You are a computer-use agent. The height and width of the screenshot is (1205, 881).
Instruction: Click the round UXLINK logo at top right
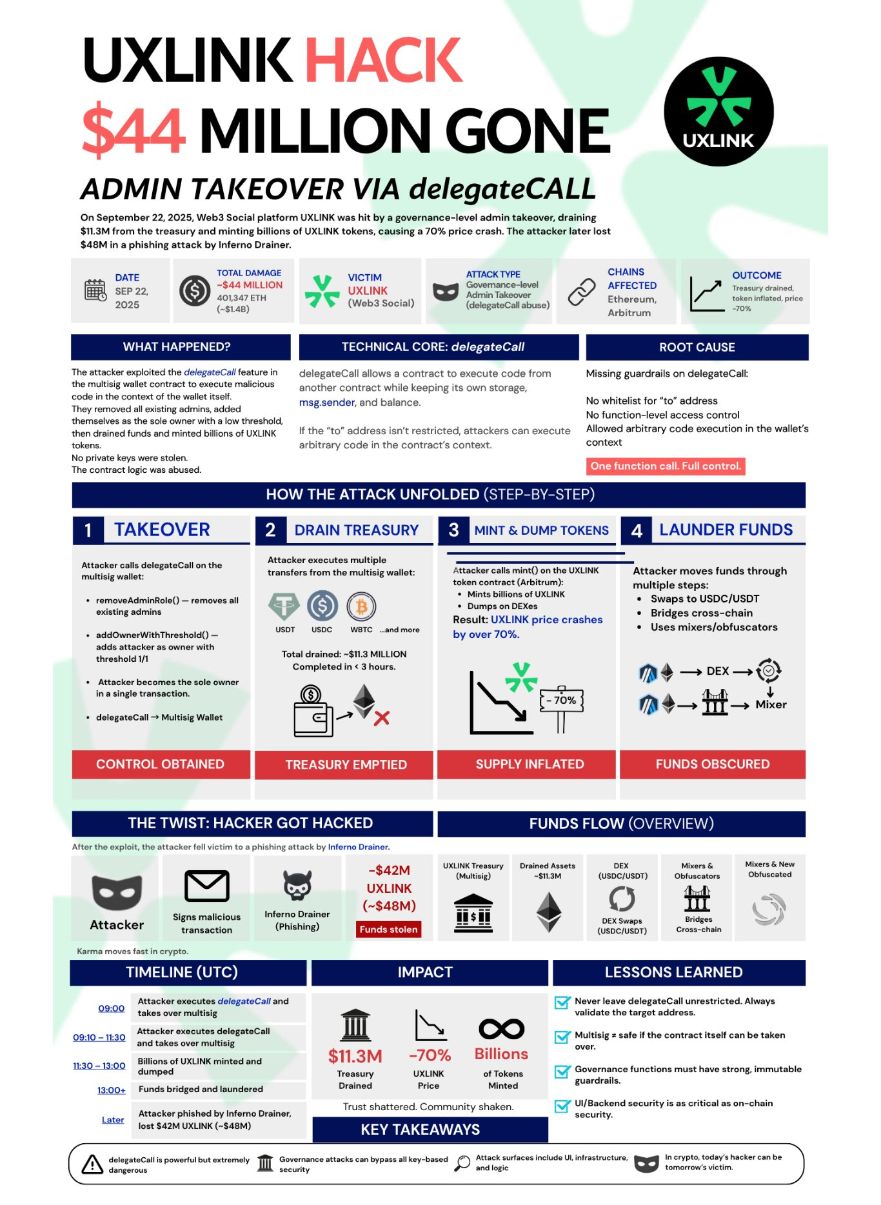(718, 112)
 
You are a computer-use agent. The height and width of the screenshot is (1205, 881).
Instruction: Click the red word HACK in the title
(383, 60)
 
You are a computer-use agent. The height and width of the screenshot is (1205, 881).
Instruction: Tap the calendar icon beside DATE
(95, 290)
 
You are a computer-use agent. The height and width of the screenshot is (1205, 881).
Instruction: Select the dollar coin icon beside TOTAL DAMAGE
(195, 291)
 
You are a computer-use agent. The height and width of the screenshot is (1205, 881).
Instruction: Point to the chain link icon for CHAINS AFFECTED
(581, 292)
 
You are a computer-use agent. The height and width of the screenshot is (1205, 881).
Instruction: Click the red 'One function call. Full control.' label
(666, 466)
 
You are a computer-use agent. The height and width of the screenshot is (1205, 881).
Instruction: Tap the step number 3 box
(454, 530)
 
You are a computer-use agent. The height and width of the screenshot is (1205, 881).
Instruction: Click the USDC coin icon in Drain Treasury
(322, 606)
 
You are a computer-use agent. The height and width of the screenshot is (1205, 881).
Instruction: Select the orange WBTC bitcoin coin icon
(361, 606)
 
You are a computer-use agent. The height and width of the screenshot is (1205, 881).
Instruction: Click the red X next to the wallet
(382, 718)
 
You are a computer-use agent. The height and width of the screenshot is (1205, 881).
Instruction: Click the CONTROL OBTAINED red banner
(161, 764)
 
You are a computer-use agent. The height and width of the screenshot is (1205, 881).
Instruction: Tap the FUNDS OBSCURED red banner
(713, 764)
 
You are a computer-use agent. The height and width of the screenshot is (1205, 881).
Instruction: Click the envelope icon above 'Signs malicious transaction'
(206, 886)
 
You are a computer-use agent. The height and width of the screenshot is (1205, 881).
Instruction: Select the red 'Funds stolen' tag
(389, 929)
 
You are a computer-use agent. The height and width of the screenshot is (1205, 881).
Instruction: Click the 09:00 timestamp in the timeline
(112, 1008)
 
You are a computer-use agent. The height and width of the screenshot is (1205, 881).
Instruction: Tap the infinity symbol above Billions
(501, 1029)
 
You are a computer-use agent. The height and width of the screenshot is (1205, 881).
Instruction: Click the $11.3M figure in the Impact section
(355, 1056)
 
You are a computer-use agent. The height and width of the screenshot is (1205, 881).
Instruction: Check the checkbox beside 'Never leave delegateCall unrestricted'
(562, 1003)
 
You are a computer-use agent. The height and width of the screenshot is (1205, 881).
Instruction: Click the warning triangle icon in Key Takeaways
(92, 1164)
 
